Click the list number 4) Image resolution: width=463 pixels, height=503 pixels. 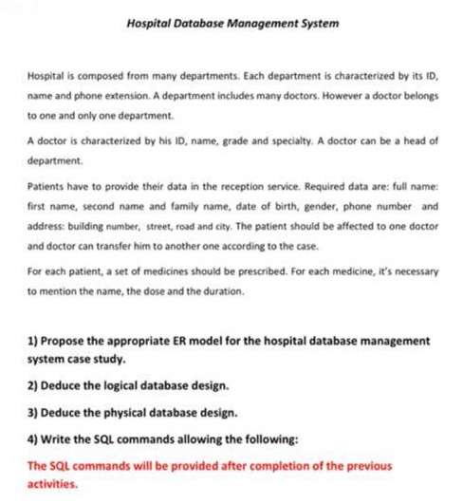tap(35, 440)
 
